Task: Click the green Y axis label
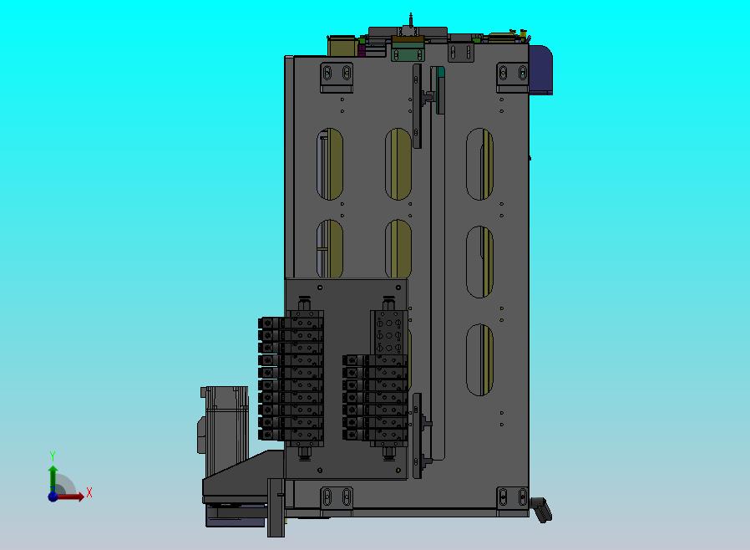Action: pos(53,456)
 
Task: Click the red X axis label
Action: pos(89,492)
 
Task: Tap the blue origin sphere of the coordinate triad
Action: pos(53,497)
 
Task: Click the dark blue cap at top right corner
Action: pos(540,70)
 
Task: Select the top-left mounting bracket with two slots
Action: pos(337,77)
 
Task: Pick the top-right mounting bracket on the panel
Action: pos(512,77)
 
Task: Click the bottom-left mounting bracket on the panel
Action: pos(337,499)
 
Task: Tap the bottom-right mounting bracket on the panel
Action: pos(512,499)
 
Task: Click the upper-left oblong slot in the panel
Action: pos(330,164)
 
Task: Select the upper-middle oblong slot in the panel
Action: pos(398,164)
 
